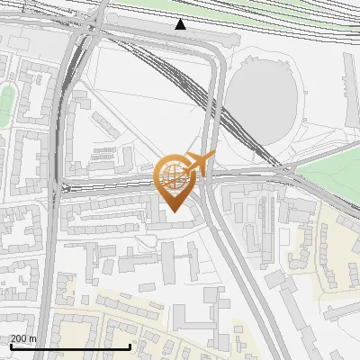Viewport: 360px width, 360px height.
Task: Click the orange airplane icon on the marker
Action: (196, 164)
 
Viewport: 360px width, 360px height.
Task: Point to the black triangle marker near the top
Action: (181, 24)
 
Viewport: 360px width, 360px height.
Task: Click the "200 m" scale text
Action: (23, 338)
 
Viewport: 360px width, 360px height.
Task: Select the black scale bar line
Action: (70, 346)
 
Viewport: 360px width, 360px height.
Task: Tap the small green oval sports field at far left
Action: (5, 103)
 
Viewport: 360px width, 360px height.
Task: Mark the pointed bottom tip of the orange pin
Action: (174, 211)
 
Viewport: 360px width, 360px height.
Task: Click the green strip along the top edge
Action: (225, 5)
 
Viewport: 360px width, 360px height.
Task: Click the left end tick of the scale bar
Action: (11, 346)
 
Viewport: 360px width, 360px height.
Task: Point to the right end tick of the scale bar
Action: (130, 346)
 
